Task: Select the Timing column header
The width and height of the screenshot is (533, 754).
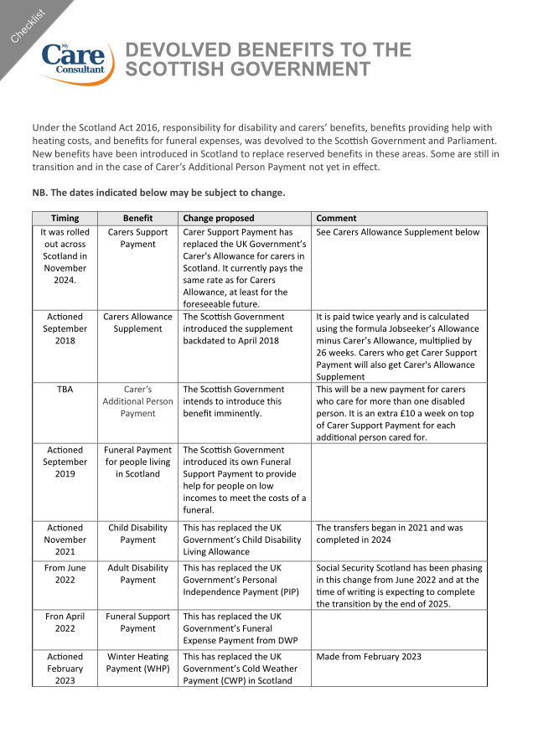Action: pyautogui.click(x=65, y=218)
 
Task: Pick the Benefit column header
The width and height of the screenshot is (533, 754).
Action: pyautogui.click(x=137, y=218)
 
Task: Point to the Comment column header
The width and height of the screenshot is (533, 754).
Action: pyautogui.click(x=336, y=218)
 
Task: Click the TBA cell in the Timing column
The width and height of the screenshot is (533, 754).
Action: pyautogui.click(x=65, y=390)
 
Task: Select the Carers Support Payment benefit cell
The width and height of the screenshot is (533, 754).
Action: pyautogui.click(x=137, y=238)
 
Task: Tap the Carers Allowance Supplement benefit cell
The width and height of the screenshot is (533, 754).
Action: pyautogui.click(x=137, y=323)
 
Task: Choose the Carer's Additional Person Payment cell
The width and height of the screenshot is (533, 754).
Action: pyautogui.click(x=137, y=401)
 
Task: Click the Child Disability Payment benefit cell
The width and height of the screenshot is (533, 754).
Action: pyautogui.click(x=137, y=534)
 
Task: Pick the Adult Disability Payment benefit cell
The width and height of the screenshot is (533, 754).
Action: pyautogui.click(x=137, y=573)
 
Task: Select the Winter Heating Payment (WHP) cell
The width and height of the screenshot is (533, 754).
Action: pyautogui.click(x=137, y=663)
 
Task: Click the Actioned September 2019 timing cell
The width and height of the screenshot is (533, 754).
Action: pyautogui.click(x=65, y=462)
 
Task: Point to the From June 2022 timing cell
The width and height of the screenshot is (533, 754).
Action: pyautogui.click(x=65, y=573)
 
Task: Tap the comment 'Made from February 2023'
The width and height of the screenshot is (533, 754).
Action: pyautogui.click(x=369, y=657)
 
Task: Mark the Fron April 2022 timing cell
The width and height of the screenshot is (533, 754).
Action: pyautogui.click(x=65, y=622)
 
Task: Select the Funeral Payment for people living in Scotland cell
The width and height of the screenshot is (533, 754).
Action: pyautogui.click(x=137, y=462)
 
